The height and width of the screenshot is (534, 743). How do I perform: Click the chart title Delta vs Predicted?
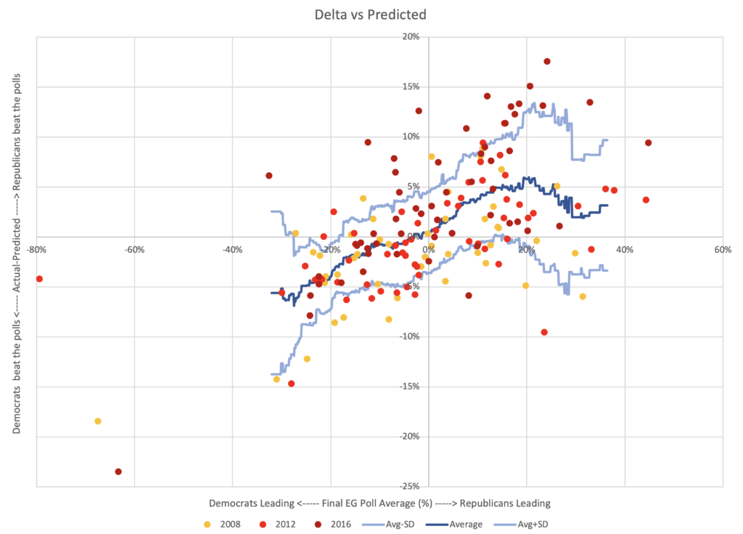371,14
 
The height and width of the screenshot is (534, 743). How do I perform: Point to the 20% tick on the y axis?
411,37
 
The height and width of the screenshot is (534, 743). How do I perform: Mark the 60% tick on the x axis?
722,249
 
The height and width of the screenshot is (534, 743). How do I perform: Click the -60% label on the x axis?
134,249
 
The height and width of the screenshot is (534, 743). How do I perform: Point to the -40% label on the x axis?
231,249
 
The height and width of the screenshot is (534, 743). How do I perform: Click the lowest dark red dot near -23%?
118,472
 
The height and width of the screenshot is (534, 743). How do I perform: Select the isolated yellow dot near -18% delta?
98,421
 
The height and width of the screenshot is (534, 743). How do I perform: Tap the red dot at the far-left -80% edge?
39,279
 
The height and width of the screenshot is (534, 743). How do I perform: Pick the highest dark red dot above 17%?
547,62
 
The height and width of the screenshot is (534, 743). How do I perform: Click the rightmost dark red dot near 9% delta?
648,143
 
